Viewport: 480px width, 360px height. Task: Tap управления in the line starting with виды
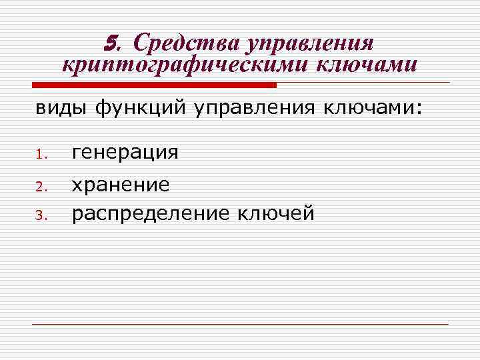[257, 107]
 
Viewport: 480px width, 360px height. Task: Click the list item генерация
[125, 153]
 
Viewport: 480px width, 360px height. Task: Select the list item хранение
[121, 185]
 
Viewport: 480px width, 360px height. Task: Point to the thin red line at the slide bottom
[240, 325]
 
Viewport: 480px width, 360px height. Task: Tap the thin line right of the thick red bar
[363, 83]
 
